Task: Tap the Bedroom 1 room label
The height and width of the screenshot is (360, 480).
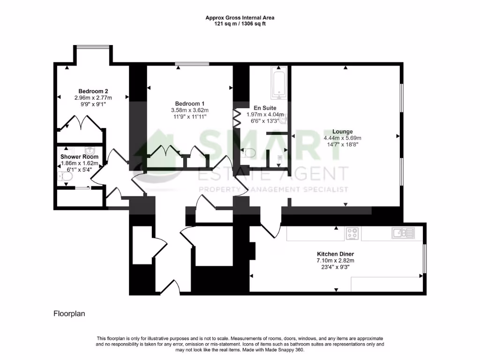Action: click(190, 104)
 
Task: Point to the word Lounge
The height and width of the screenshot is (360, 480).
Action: click(342, 132)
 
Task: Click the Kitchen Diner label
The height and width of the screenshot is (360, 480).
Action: click(335, 254)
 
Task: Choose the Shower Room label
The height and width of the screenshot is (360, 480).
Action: click(79, 157)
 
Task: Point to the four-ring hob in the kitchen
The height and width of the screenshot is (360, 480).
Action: click(352, 233)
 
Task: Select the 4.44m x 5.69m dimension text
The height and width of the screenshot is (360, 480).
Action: click(342, 138)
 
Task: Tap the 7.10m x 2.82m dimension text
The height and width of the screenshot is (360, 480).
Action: click(335, 261)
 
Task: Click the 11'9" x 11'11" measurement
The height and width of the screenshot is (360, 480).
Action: click(190, 116)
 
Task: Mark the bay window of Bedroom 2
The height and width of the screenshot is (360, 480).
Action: click(92, 46)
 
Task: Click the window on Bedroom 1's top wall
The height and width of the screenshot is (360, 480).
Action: click(192, 63)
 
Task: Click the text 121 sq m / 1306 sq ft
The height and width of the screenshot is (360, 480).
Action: click(240, 23)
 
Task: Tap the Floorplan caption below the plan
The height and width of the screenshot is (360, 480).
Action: click(69, 313)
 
